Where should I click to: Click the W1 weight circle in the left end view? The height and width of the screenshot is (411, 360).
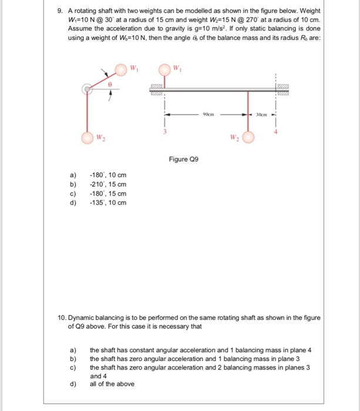(x=120, y=70)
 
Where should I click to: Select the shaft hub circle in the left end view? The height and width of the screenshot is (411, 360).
(x=87, y=89)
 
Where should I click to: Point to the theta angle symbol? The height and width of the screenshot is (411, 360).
(x=109, y=85)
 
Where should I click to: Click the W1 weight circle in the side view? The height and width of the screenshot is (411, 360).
(x=164, y=70)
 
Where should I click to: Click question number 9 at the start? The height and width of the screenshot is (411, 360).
(x=61, y=11)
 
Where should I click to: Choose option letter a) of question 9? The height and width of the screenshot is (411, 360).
(x=73, y=175)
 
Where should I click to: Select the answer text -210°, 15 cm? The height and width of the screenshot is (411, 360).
(x=107, y=184)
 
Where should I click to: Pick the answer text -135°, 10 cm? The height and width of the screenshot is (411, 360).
(x=107, y=203)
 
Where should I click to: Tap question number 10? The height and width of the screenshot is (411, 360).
(x=62, y=318)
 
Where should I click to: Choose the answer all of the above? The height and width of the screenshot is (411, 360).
(x=112, y=384)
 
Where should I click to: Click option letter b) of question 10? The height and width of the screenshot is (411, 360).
(x=73, y=358)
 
